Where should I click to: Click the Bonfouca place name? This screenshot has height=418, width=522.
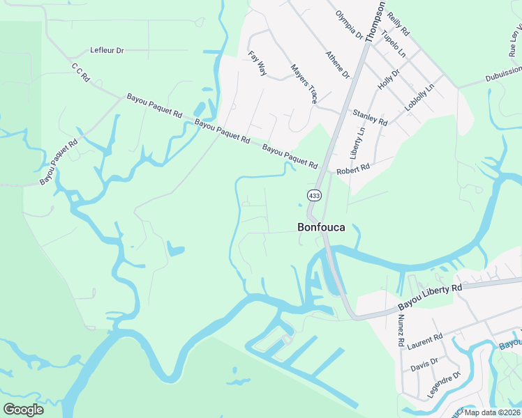(321, 227)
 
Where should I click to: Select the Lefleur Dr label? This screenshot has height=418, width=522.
(107, 51)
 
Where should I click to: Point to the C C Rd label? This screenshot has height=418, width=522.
(81, 73)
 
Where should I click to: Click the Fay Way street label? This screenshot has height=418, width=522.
(257, 63)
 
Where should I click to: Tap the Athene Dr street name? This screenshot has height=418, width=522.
(337, 65)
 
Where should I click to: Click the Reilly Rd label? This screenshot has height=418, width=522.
(398, 23)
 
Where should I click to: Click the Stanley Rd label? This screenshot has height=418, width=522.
(370, 117)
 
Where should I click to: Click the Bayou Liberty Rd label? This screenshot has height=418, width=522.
(431, 297)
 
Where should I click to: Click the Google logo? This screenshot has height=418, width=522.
(23, 409)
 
